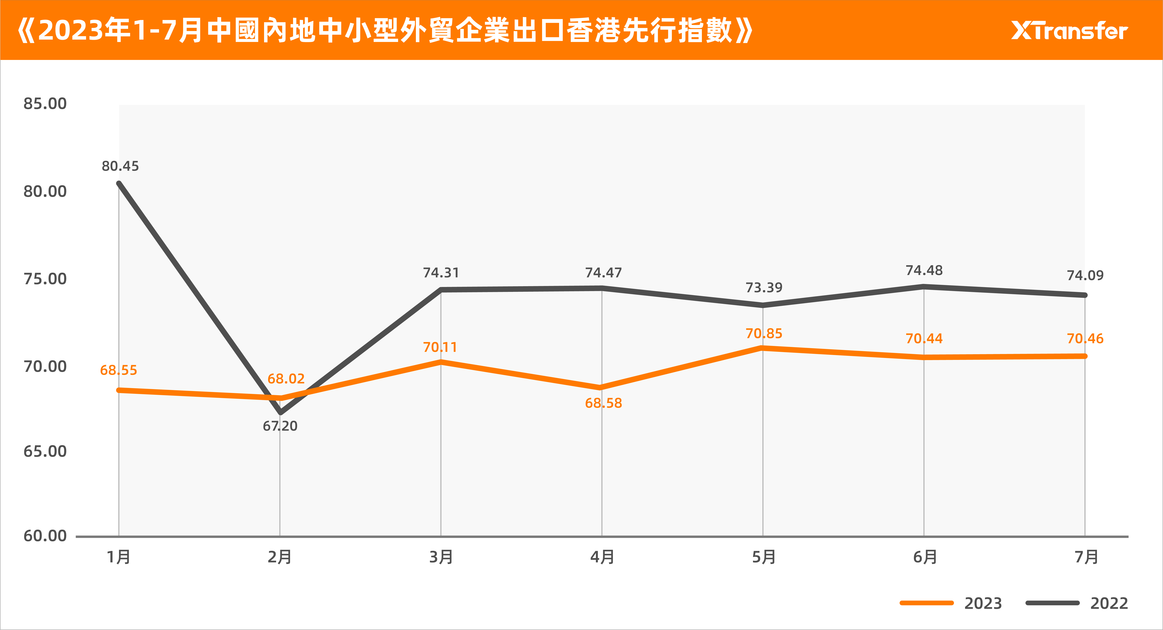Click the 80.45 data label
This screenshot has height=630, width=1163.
coord(120,166)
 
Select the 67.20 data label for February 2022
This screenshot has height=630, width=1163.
coord(280,426)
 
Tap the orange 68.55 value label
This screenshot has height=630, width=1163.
coord(118,370)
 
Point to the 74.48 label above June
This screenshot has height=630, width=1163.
coord(924,271)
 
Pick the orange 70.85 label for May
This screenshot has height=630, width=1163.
coord(763,334)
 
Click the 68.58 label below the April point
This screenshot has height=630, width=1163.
coord(603,403)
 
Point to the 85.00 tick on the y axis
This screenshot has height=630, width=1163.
coord(45,104)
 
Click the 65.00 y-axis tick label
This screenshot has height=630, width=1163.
coord(45,451)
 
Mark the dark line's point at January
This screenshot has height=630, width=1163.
coord(119,183)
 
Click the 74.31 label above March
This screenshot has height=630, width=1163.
coord(441,273)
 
